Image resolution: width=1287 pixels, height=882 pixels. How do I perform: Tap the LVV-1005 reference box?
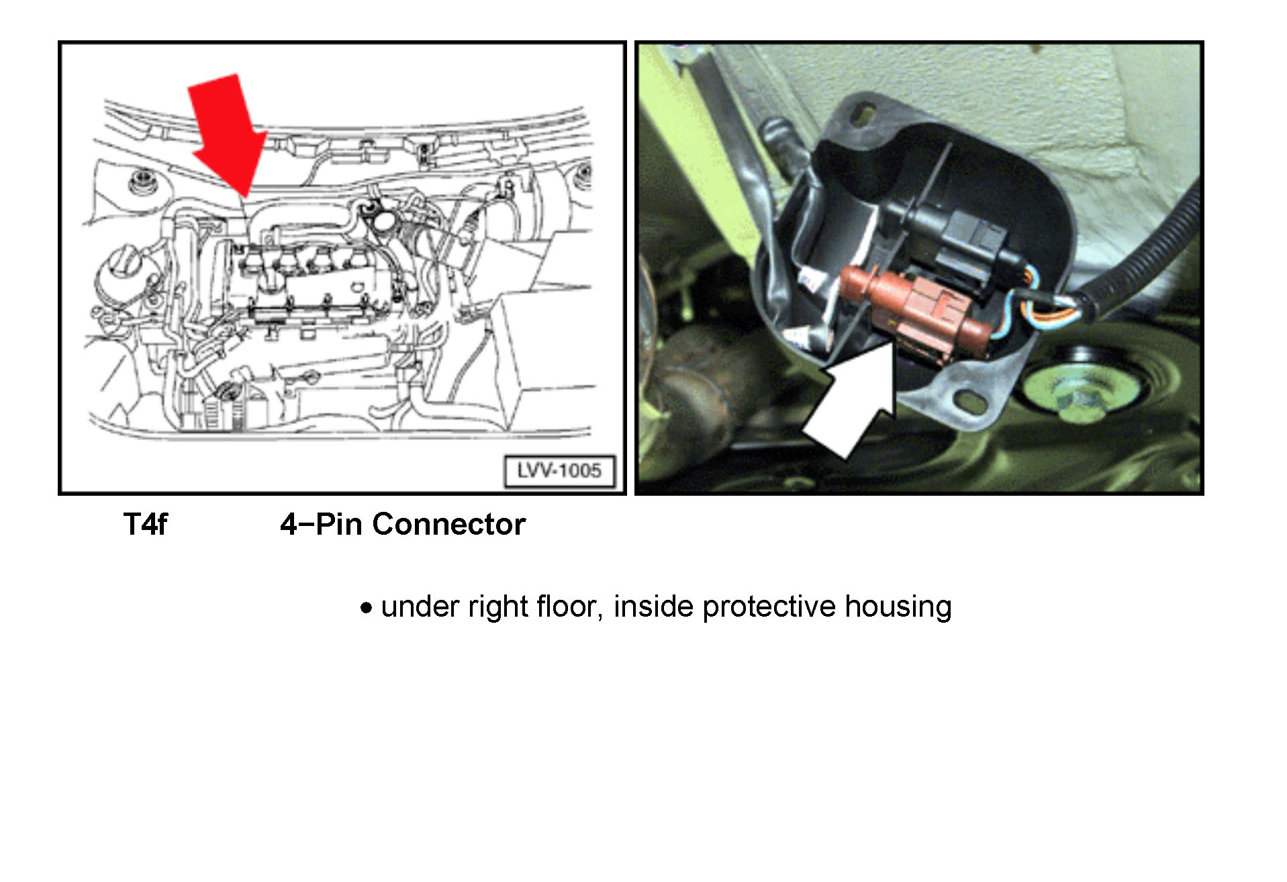click(x=559, y=470)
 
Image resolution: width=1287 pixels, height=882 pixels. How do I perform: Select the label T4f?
click(x=145, y=524)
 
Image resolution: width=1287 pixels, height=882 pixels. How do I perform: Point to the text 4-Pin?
click(x=321, y=524)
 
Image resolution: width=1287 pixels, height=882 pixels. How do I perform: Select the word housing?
click(x=898, y=607)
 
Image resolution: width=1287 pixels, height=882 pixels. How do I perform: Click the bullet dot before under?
click(x=366, y=609)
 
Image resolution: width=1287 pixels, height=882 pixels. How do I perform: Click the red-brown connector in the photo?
click(x=915, y=310)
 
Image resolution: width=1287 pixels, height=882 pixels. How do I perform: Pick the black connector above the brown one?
click(x=953, y=243)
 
